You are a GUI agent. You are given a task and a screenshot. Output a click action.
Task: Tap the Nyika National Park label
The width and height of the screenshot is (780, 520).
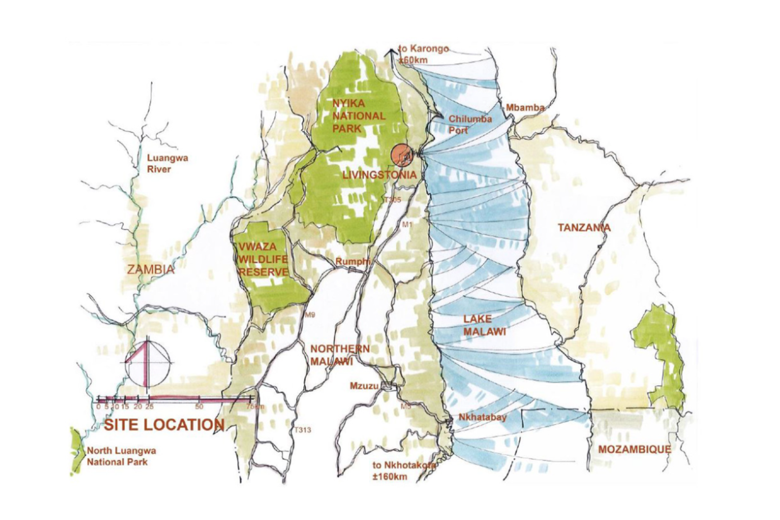tap(359, 116)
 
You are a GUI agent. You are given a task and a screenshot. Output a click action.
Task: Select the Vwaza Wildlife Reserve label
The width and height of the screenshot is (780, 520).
tap(263, 260)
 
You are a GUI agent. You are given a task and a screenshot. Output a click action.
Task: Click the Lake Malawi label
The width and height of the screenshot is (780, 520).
tap(485, 325)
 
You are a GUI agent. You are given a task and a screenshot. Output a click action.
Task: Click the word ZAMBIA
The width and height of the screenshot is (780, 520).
tap(151, 269)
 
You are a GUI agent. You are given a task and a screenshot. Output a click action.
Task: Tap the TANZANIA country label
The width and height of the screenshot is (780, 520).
tap(584, 227)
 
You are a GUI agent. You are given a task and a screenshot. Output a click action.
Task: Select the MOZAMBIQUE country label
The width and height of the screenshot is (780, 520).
tap(634, 449)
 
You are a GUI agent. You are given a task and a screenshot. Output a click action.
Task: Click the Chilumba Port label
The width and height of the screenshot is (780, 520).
tap(469, 124)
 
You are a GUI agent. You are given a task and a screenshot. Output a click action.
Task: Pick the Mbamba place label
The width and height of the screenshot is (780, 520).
tap(524, 108)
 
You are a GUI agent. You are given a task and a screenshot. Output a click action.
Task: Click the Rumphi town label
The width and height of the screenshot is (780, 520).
tap(353, 261)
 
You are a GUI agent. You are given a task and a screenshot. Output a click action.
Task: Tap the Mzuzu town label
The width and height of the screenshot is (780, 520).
tap(364, 386)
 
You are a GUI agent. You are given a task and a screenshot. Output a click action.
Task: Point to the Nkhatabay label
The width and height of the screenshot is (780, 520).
tap(482, 417)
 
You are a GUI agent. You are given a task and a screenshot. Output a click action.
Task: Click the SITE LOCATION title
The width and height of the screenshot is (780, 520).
tap(164, 425)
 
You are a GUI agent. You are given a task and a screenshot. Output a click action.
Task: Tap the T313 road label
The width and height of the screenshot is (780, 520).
tap(302, 430)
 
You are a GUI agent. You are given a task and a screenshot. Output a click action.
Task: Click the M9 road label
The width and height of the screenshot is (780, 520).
tap(310, 315)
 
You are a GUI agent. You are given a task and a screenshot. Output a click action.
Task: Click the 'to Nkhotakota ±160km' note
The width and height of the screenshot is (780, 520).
tap(403, 471)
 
